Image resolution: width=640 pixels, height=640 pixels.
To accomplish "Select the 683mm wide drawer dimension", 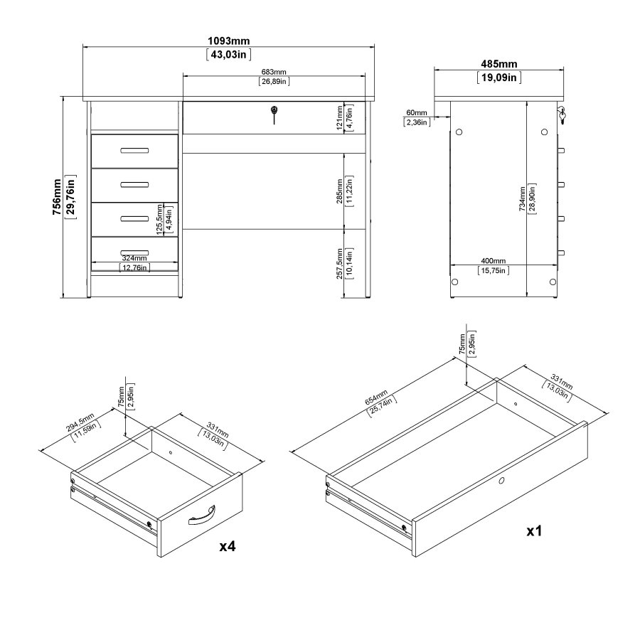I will click(273, 72).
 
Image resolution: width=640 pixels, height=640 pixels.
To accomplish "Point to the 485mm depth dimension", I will click(498, 65).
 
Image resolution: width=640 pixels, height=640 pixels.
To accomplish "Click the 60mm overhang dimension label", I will click(417, 113).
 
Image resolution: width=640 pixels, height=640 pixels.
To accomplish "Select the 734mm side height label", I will click(523, 198).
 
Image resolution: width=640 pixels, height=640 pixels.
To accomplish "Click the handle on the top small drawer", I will click(135, 150).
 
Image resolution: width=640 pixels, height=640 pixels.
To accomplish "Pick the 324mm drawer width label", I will click(134, 258).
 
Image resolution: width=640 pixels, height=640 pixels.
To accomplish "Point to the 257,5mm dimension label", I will click(341, 262).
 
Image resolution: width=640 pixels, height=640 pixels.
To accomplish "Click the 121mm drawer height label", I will click(341, 117).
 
